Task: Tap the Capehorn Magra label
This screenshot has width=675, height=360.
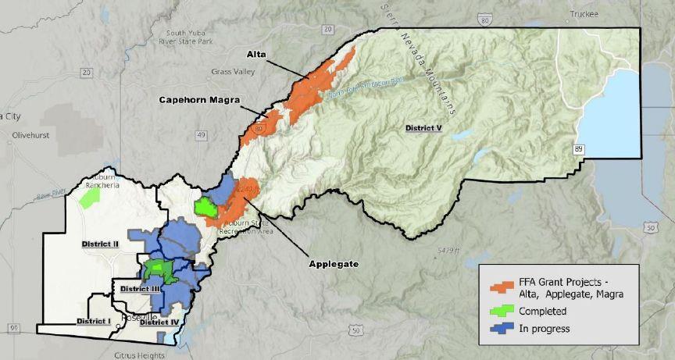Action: tap(199, 100)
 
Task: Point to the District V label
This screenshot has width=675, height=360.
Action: tap(423, 127)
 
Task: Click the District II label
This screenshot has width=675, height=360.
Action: tap(100, 244)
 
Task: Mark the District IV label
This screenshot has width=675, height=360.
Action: tap(159, 321)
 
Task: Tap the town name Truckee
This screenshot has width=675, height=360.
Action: tap(584, 14)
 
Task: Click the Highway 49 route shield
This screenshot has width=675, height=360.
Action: tap(202, 135)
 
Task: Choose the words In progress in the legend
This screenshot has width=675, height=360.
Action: tap(545, 328)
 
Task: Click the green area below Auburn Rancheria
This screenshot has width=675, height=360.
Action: tap(91, 197)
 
